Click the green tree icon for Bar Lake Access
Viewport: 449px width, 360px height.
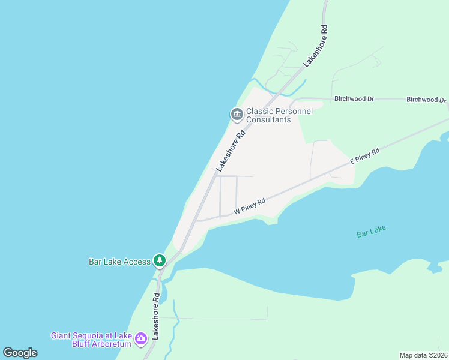click(x=159, y=260)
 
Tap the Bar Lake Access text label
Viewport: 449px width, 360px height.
click(x=119, y=262)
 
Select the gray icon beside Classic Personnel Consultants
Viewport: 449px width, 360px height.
click(x=237, y=114)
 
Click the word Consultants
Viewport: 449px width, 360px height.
click(x=268, y=119)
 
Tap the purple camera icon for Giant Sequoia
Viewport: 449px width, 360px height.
click(x=141, y=339)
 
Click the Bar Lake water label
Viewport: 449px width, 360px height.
click(x=371, y=231)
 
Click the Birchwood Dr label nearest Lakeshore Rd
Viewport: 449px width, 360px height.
click(x=354, y=98)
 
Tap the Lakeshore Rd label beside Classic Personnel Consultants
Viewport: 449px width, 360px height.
click(x=231, y=149)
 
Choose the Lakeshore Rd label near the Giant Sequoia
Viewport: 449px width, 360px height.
click(x=155, y=316)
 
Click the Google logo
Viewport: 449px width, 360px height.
click(x=20, y=352)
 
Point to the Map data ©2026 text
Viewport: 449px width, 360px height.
click(x=424, y=355)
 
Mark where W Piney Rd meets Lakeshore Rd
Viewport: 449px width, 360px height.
click(x=196, y=221)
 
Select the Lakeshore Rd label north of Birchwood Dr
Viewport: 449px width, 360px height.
click(x=315, y=45)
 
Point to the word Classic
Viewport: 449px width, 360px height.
click(x=259, y=111)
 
